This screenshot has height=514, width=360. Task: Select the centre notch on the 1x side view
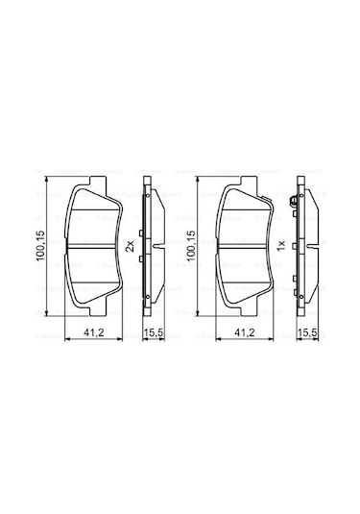pyautogui.click(x=293, y=246)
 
